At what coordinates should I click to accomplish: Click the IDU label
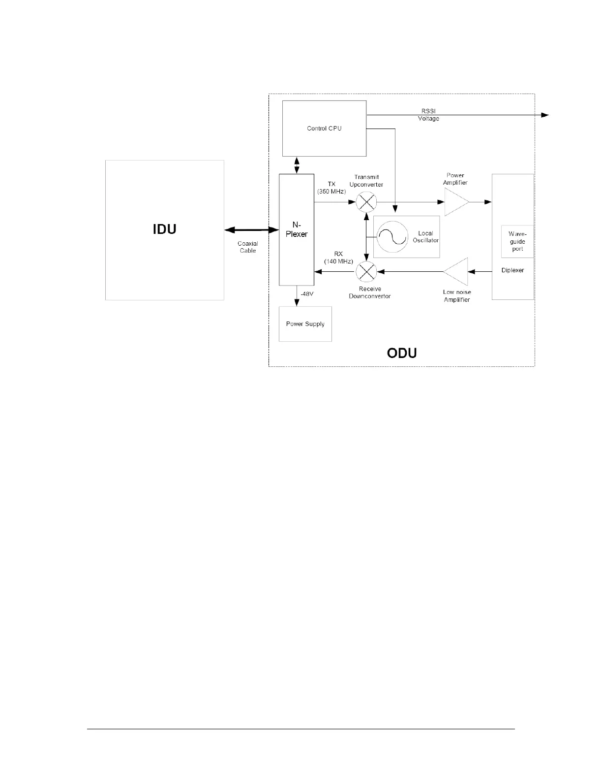pyautogui.click(x=164, y=229)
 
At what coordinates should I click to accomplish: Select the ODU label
pyautogui.click(x=402, y=353)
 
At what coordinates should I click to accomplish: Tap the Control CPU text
pyautogui.click(x=324, y=129)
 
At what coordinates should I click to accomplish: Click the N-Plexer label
pyautogui.click(x=297, y=229)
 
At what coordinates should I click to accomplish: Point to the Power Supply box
pyautogui.click(x=305, y=324)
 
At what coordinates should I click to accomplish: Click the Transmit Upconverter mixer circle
pyautogui.click(x=366, y=202)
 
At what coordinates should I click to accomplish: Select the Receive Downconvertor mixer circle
pyautogui.click(x=366, y=271)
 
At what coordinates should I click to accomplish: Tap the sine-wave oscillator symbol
pyautogui.click(x=392, y=237)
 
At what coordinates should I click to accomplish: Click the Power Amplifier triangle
pyautogui.click(x=455, y=202)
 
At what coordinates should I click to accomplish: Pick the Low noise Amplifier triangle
pyautogui.click(x=455, y=271)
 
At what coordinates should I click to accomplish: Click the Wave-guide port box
pyautogui.click(x=517, y=241)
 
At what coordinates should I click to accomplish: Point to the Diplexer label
pyautogui.click(x=512, y=270)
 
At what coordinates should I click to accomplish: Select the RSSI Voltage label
pyautogui.click(x=428, y=115)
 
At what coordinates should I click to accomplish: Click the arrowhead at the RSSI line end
pyautogui.click(x=545, y=115)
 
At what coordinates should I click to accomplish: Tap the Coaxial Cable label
pyautogui.click(x=247, y=247)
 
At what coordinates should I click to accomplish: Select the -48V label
pyautogui.click(x=306, y=293)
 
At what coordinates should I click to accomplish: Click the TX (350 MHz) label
pyautogui.click(x=331, y=188)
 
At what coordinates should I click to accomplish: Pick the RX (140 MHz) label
pyautogui.click(x=338, y=258)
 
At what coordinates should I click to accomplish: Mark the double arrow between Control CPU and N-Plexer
pyautogui.click(x=297, y=165)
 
